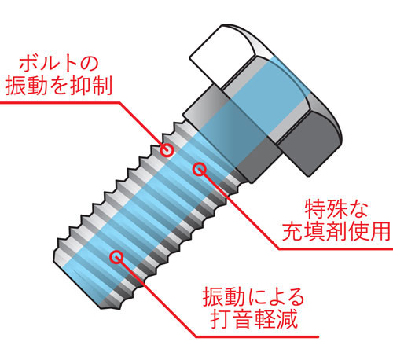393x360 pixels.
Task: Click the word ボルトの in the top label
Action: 58,64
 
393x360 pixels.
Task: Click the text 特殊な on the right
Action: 336,209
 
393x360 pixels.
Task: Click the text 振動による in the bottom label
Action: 253,297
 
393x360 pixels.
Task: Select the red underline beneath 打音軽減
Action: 257,336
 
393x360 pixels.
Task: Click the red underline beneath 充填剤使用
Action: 336,248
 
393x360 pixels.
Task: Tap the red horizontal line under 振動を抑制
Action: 60,102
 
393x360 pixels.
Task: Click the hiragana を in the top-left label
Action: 59,86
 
